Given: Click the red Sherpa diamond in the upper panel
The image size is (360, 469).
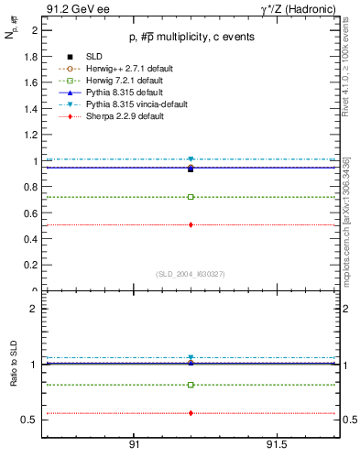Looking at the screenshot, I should (191, 224).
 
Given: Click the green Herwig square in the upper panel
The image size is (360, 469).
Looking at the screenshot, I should (191, 196).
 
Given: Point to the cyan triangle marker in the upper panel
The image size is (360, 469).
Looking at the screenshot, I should (191, 159).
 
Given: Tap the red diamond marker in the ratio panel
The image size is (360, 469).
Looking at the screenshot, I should (191, 413).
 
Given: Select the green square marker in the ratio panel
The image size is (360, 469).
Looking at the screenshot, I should (191, 385).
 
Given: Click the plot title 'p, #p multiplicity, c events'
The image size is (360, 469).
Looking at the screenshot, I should (190, 37).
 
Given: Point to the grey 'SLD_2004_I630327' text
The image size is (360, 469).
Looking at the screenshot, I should (191, 273).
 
